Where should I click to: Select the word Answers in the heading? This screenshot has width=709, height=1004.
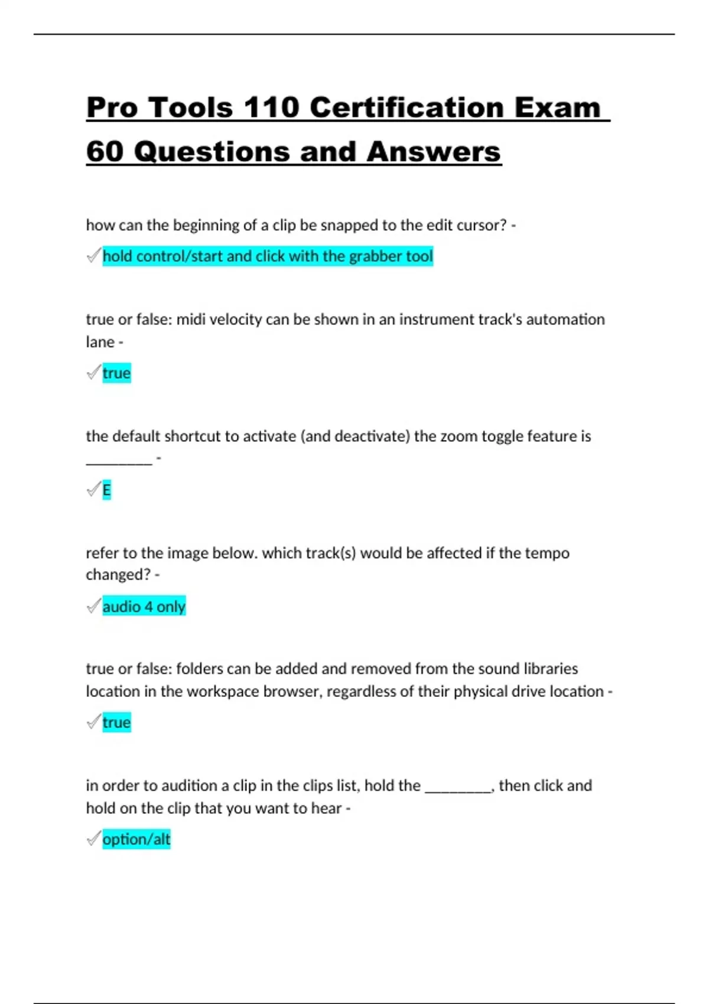tap(433, 152)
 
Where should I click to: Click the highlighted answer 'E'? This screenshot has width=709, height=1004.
tap(106, 490)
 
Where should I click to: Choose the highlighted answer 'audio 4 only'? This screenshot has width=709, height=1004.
tap(144, 607)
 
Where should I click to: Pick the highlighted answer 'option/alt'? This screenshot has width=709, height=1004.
tap(136, 839)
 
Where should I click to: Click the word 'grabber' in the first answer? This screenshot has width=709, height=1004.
tap(375, 256)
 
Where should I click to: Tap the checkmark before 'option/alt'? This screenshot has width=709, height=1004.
tap(93, 839)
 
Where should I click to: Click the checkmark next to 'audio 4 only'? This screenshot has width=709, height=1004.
tap(93, 606)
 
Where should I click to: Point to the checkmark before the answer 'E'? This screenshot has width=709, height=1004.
tap(93, 490)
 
